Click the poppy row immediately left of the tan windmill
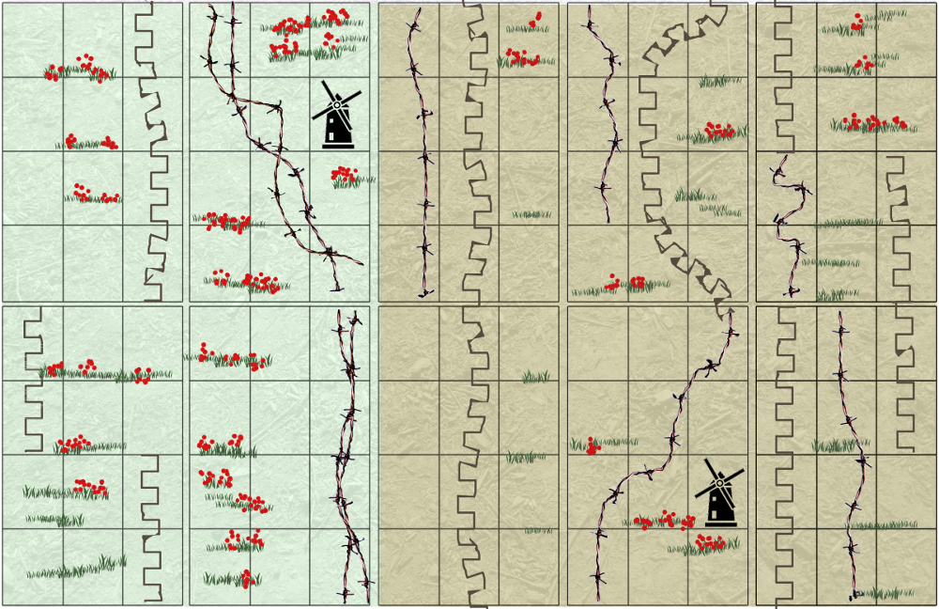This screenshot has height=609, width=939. coord(665,519)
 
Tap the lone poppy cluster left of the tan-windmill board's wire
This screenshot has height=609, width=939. coord(592,446)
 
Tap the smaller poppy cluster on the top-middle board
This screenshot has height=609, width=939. coord(534,21)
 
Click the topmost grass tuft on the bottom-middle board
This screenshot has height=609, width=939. coord(536,377)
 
